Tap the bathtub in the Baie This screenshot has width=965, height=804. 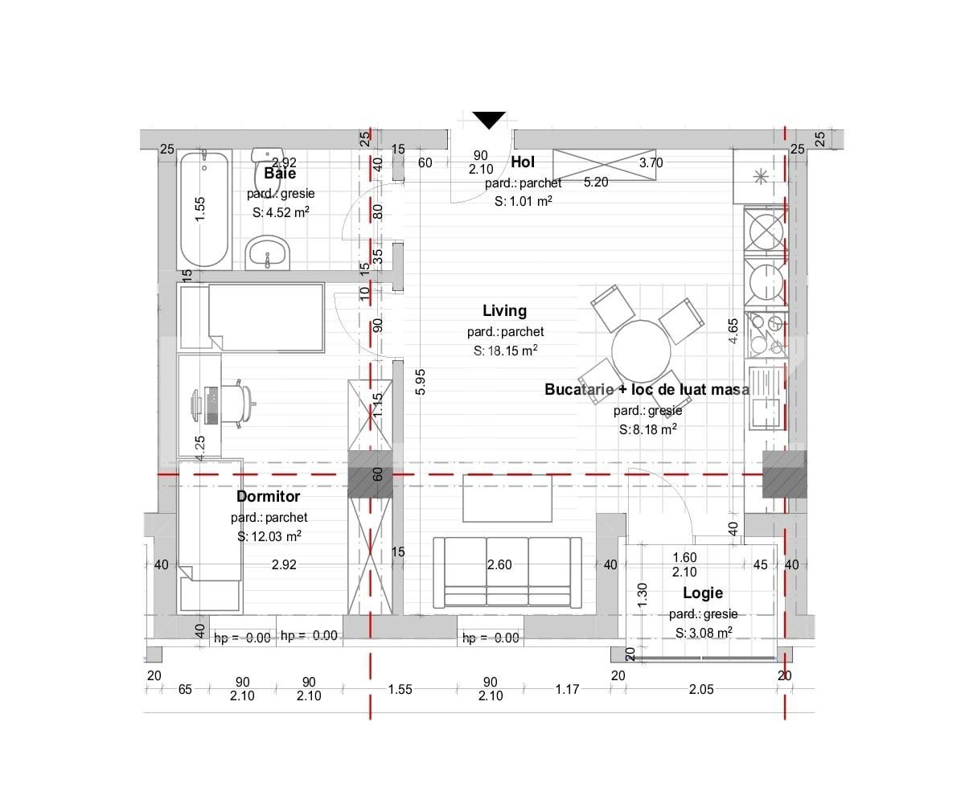203,210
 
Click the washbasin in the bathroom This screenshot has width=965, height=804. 267,252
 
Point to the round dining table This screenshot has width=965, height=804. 641,351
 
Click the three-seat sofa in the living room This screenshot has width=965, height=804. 507,572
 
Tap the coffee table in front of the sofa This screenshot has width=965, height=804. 507,498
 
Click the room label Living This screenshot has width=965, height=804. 505,310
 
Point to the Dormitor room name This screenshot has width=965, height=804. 268,496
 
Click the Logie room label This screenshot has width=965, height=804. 703,593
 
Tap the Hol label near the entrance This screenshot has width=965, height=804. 523,162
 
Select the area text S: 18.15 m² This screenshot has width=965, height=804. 506,351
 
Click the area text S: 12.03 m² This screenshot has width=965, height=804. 269,536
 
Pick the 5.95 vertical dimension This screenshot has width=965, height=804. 420,382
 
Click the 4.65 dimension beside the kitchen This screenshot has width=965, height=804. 733,330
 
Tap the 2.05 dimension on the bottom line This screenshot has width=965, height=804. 701,689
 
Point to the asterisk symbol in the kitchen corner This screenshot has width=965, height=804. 760,177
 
